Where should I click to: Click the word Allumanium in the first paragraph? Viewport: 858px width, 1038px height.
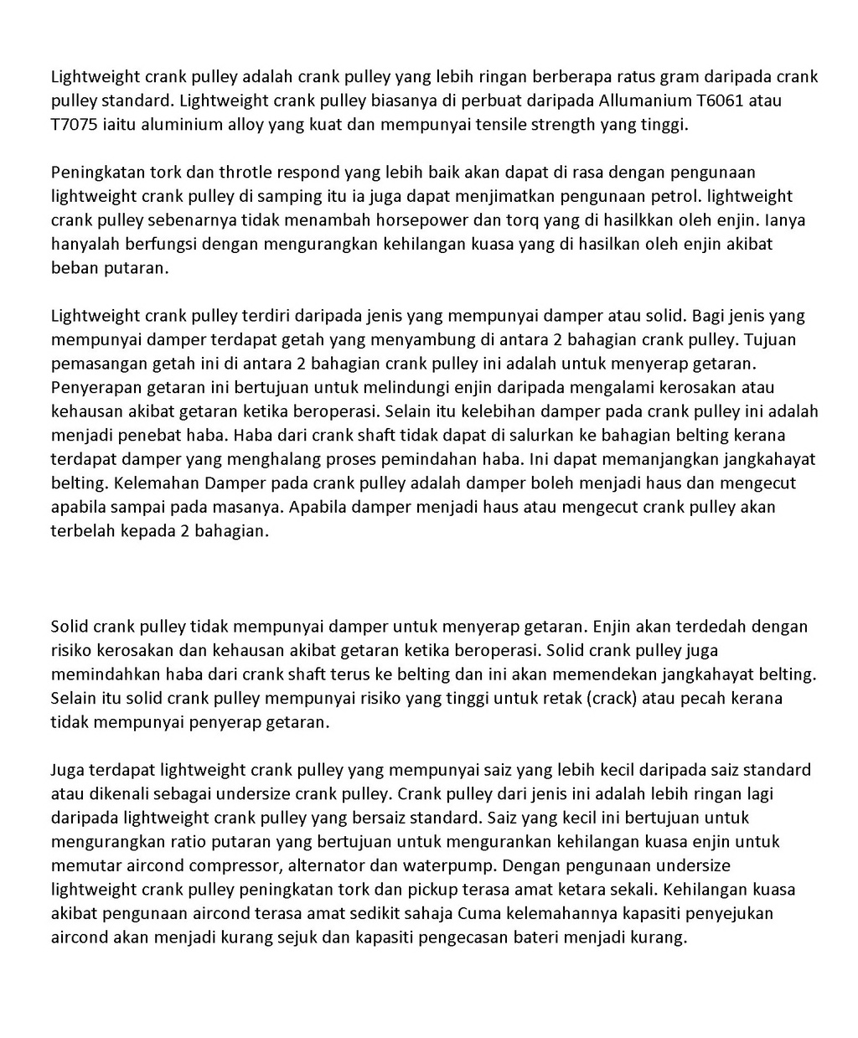pyautogui.click(x=645, y=101)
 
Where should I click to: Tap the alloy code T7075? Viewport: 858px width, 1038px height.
pyautogui.click(x=76, y=125)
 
